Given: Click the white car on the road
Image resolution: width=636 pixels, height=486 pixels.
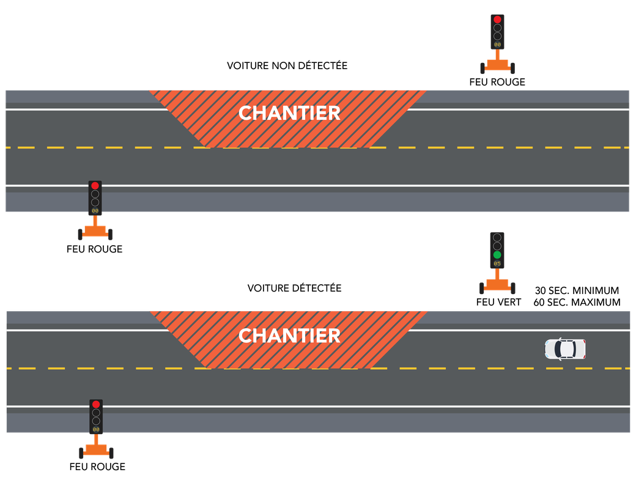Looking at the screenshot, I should (565, 349).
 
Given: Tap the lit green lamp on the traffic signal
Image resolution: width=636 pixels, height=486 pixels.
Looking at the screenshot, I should (497, 254).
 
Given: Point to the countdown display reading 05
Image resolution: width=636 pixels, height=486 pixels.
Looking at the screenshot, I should (497, 263).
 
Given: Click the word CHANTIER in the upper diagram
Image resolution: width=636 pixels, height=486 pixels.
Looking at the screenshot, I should (289, 113).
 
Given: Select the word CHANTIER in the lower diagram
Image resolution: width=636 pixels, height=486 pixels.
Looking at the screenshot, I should (289, 336).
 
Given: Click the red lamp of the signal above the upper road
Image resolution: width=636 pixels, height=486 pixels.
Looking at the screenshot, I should (497, 20).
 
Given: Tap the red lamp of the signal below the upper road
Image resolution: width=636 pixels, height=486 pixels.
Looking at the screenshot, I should (95, 185).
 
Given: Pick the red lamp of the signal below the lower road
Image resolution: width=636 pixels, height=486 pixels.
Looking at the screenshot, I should (96, 404).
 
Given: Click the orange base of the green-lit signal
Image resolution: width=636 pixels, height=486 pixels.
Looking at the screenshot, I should (497, 284).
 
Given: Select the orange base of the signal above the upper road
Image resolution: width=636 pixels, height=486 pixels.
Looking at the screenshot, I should (497, 65).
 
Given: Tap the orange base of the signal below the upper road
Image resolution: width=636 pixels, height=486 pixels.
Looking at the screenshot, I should (95, 231).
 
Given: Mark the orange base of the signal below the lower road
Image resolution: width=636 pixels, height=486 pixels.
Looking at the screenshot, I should (96, 450).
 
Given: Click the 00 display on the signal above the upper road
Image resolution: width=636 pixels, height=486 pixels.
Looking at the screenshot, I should (497, 45).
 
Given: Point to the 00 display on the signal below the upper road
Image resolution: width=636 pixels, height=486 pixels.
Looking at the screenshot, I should (95, 211).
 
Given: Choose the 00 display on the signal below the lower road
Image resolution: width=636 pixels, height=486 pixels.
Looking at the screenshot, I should (96, 430).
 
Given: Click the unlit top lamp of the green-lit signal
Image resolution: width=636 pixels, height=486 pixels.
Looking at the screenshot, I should (497, 237).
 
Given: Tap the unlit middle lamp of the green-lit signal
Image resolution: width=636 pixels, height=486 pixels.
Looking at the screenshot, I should (497, 246).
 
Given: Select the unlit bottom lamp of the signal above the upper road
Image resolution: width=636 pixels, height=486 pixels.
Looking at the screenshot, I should (497, 36).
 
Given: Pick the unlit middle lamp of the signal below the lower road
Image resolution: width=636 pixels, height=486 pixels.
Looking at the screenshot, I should (96, 413).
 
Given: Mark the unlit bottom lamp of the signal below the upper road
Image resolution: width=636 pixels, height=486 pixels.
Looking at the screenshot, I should (95, 202).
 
